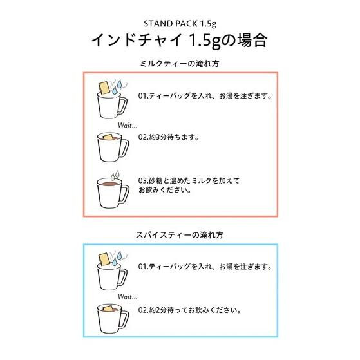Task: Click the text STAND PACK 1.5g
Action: pyautogui.click(x=180, y=24)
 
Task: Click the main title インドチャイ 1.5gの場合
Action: pyautogui.click(x=180, y=41)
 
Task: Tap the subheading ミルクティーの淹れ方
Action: pyautogui.click(x=180, y=63)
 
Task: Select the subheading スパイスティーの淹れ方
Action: pyautogui.click(x=180, y=235)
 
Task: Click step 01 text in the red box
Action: pyautogui.click(x=205, y=95)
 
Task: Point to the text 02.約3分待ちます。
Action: pyautogui.click(x=169, y=137)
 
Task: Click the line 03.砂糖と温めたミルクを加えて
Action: pyautogui.click(x=189, y=180)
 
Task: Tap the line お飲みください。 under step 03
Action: pyautogui.click(x=165, y=190)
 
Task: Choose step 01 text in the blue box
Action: pyautogui.click(x=205, y=267)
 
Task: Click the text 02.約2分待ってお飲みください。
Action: pyautogui.click(x=189, y=310)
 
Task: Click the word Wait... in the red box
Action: pyautogui.click(x=128, y=126)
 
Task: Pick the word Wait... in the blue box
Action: pyautogui.click(x=128, y=297)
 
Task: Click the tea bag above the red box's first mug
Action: pyautogui.click(x=104, y=88)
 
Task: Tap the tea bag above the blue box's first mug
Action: pyautogui.click(x=104, y=259)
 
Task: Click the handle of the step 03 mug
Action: pyautogui.click(x=124, y=193)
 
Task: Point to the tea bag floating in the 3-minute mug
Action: pyautogui.click(x=108, y=137)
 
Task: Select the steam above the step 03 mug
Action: pyautogui.click(x=115, y=175)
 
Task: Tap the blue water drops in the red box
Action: pyautogui.click(x=117, y=87)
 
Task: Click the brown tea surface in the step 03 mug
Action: pyautogui.click(x=109, y=184)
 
